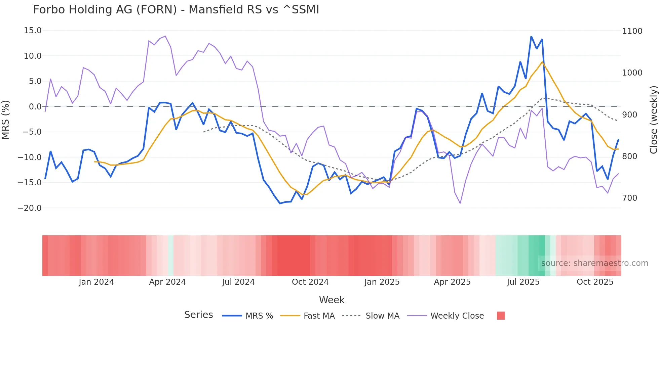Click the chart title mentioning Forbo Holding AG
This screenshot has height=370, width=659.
(176, 10)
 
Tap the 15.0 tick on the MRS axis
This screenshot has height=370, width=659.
(33, 31)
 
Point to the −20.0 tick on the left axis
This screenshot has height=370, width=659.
(30, 208)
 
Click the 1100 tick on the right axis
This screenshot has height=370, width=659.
(632, 31)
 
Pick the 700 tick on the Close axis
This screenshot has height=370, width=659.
(630, 198)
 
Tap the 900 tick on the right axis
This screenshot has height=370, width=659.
(630, 114)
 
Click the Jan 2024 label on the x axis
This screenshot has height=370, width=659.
(96, 282)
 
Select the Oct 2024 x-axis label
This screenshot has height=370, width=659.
(310, 282)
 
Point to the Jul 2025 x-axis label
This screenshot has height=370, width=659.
(523, 282)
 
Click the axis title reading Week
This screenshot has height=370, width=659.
(332, 300)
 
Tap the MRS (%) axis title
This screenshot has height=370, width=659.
(6, 120)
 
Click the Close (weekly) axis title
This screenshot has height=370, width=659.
(653, 120)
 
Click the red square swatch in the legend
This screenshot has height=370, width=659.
(501, 316)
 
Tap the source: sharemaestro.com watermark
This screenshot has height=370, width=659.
(594, 263)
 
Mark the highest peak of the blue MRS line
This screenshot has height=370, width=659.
(531, 37)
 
